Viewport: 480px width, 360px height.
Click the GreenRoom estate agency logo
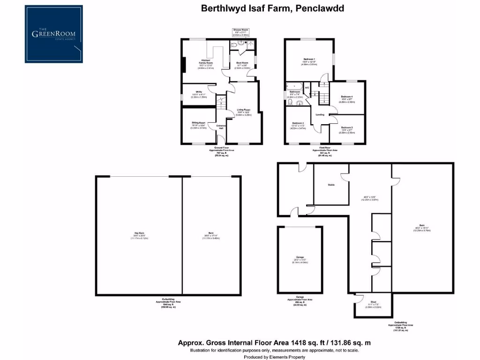pos(54,34)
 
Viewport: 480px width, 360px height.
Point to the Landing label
pos(320,114)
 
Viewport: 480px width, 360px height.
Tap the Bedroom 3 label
pos(347,127)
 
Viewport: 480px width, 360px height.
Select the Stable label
pos(331,185)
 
